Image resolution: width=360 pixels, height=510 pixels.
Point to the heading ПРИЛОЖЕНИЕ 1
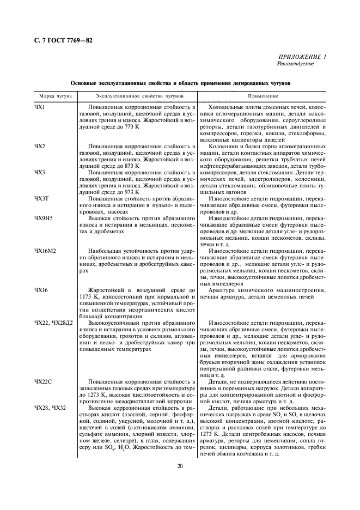coord(302,57)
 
